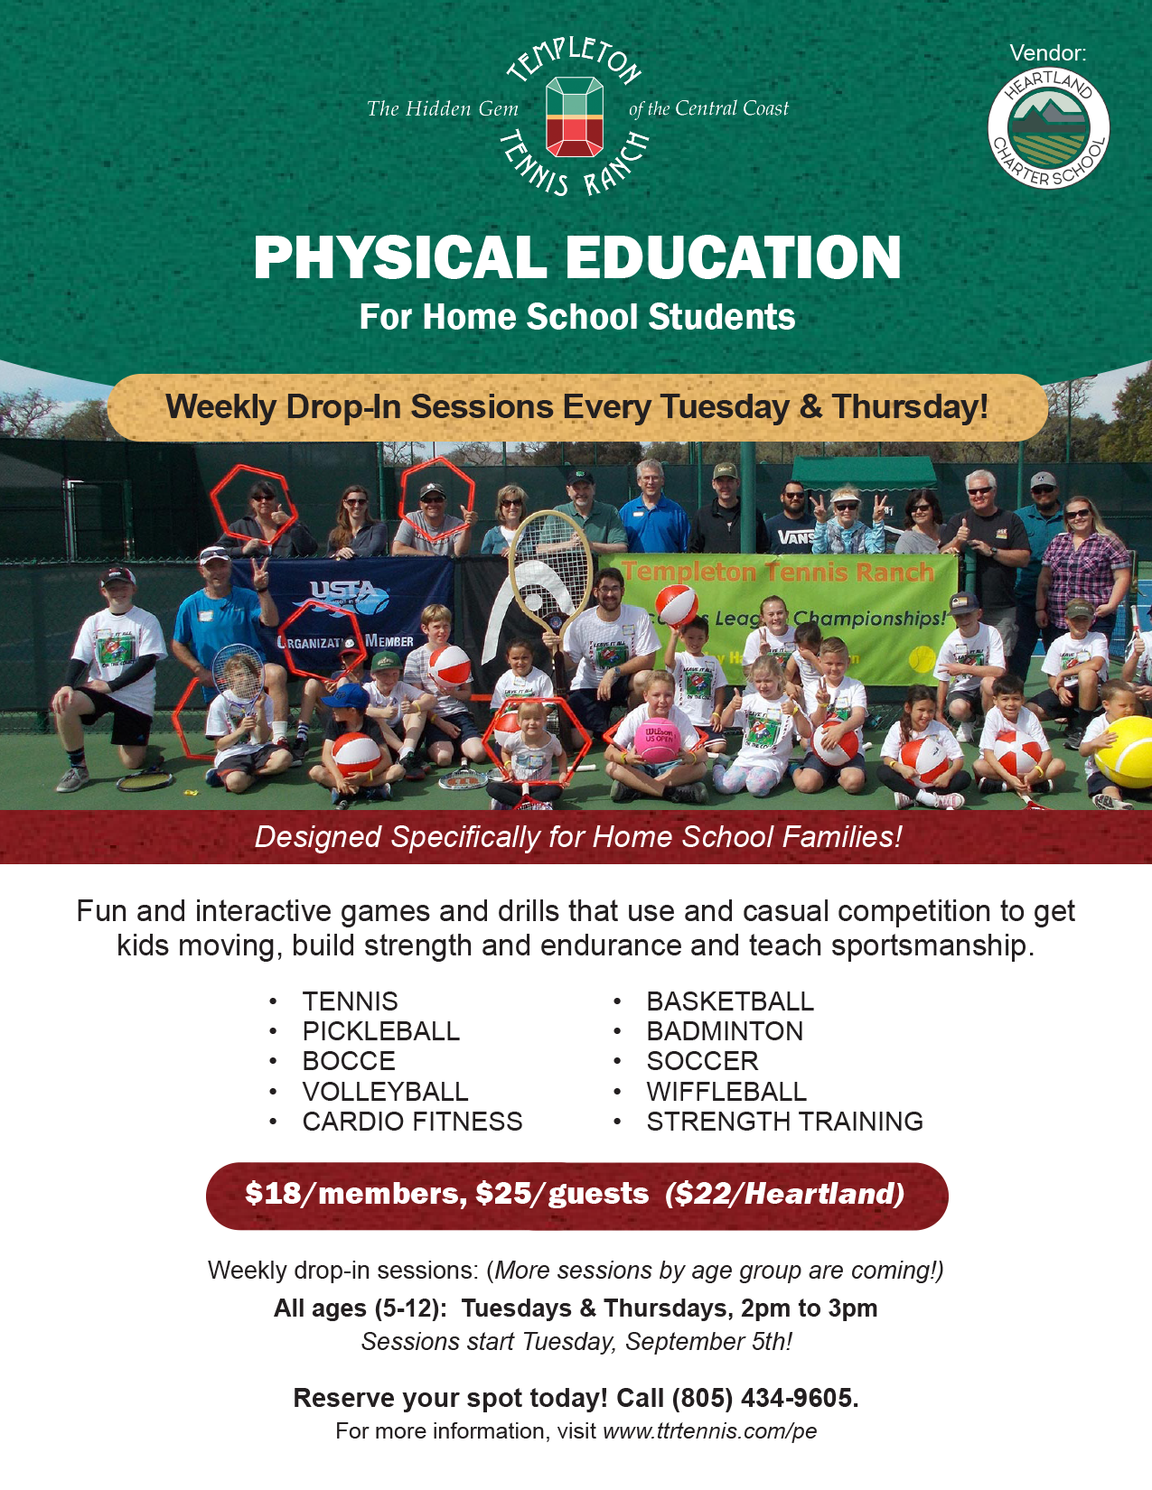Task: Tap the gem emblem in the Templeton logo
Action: point(575,116)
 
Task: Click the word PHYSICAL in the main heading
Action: point(399,258)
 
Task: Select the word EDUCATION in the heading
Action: point(733,258)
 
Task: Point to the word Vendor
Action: point(1048,52)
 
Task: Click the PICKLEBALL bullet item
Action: point(380,1030)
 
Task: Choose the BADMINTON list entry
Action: point(725,1030)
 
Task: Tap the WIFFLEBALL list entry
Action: point(726,1091)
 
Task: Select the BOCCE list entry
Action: point(349,1061)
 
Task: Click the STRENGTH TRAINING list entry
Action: point(785,1121)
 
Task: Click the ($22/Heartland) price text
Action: point(784,1194)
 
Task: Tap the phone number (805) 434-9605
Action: point(765,1397)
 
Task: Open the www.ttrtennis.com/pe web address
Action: point(710,1431)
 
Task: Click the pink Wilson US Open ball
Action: point(657,740)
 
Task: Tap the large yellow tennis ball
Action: point(1124,753)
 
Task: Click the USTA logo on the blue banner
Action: point(349,597)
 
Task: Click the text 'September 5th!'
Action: point(708,1341)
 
